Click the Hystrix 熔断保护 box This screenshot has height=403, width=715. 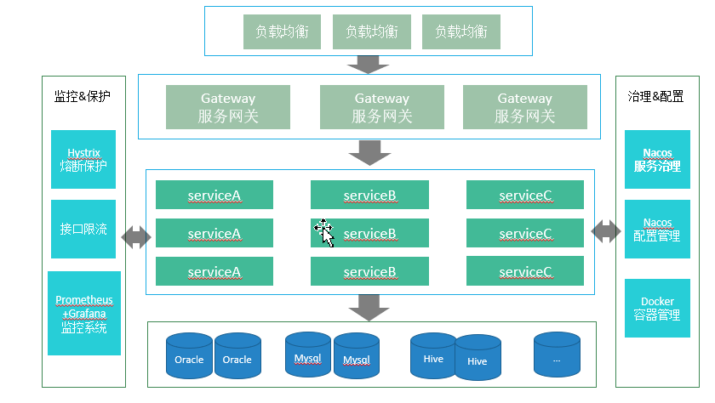tap(83, 159)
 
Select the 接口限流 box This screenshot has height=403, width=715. tap(83, 229)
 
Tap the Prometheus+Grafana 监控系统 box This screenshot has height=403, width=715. tap(84, 313)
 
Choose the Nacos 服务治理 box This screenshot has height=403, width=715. tap(657, 159)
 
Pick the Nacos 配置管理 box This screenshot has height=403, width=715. tap(657, 229)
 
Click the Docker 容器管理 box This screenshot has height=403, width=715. tap(657, 308)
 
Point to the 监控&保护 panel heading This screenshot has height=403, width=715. tap(83, 97)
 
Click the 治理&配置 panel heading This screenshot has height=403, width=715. tap(656, 97)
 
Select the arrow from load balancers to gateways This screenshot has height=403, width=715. tap(369, 64)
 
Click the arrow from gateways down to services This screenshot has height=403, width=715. tap(369, 153)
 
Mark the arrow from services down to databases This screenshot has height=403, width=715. tap(369, 307)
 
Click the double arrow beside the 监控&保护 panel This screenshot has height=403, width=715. tap(136, 237)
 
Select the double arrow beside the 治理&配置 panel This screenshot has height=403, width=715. tap(606, 230)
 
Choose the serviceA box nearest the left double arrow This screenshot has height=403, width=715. tap(214, 233)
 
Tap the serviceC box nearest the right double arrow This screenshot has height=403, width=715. tap(525, 233)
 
